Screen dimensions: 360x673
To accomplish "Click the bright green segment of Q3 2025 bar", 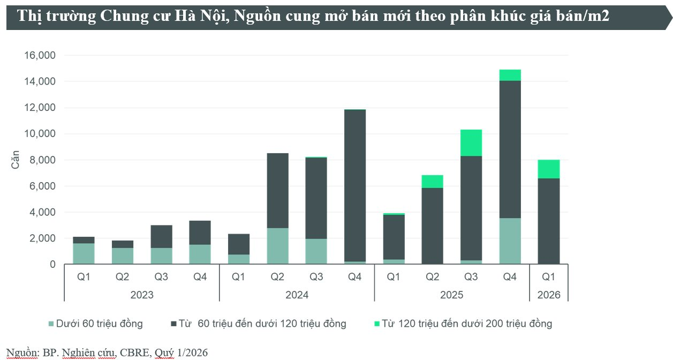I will point(471,142).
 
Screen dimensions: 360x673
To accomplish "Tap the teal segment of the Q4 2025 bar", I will point(510,241).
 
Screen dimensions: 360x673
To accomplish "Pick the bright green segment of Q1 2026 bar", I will point(549,169).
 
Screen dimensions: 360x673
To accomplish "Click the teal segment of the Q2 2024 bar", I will point(277,246).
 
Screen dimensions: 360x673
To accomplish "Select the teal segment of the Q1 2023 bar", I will point(84,253).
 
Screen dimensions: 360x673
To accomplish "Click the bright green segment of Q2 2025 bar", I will point(433,182).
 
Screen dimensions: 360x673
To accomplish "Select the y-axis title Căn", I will point(16,159).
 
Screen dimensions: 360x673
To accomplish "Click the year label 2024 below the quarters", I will point(297,295).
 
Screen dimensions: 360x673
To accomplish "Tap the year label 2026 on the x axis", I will point(549,295).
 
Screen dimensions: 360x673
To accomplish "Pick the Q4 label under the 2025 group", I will point(510,277).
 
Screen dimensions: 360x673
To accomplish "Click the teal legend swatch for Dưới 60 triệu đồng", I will point(51,324).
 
